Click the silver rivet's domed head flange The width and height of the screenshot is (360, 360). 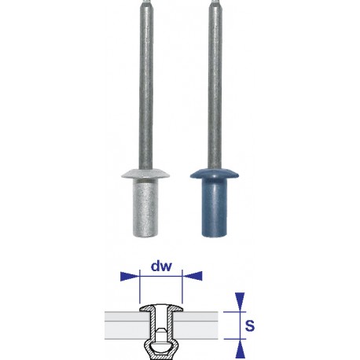[139, 171]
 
